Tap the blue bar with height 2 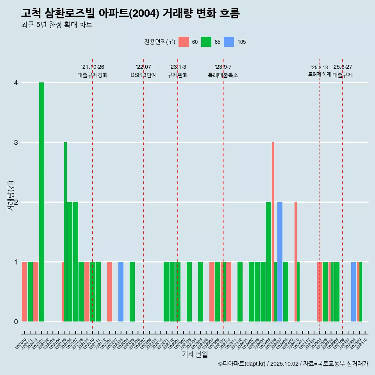[280, 262]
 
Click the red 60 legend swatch [184, 42]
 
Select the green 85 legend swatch [206, 42]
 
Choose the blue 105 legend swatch [229, 42]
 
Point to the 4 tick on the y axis [16, 83]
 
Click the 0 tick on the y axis [16, 322]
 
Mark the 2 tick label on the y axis [16, 202]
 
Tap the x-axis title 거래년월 [195, 354]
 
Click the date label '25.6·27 [342, 67]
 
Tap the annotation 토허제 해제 [320, 74]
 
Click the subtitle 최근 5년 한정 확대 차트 [57, 25]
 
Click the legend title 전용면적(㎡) [160, 42]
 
